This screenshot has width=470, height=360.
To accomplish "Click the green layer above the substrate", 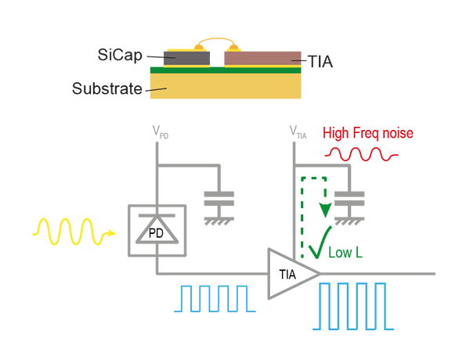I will pyautogui.click(x=235, y=70).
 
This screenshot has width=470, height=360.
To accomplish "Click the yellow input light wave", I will pyautogui.click(x=70, y=232).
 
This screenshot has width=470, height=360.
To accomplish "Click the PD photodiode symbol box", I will pyautogui.click(x=157, y=231).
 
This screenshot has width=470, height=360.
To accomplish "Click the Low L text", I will pyautogui.click(x=345, y=253).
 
